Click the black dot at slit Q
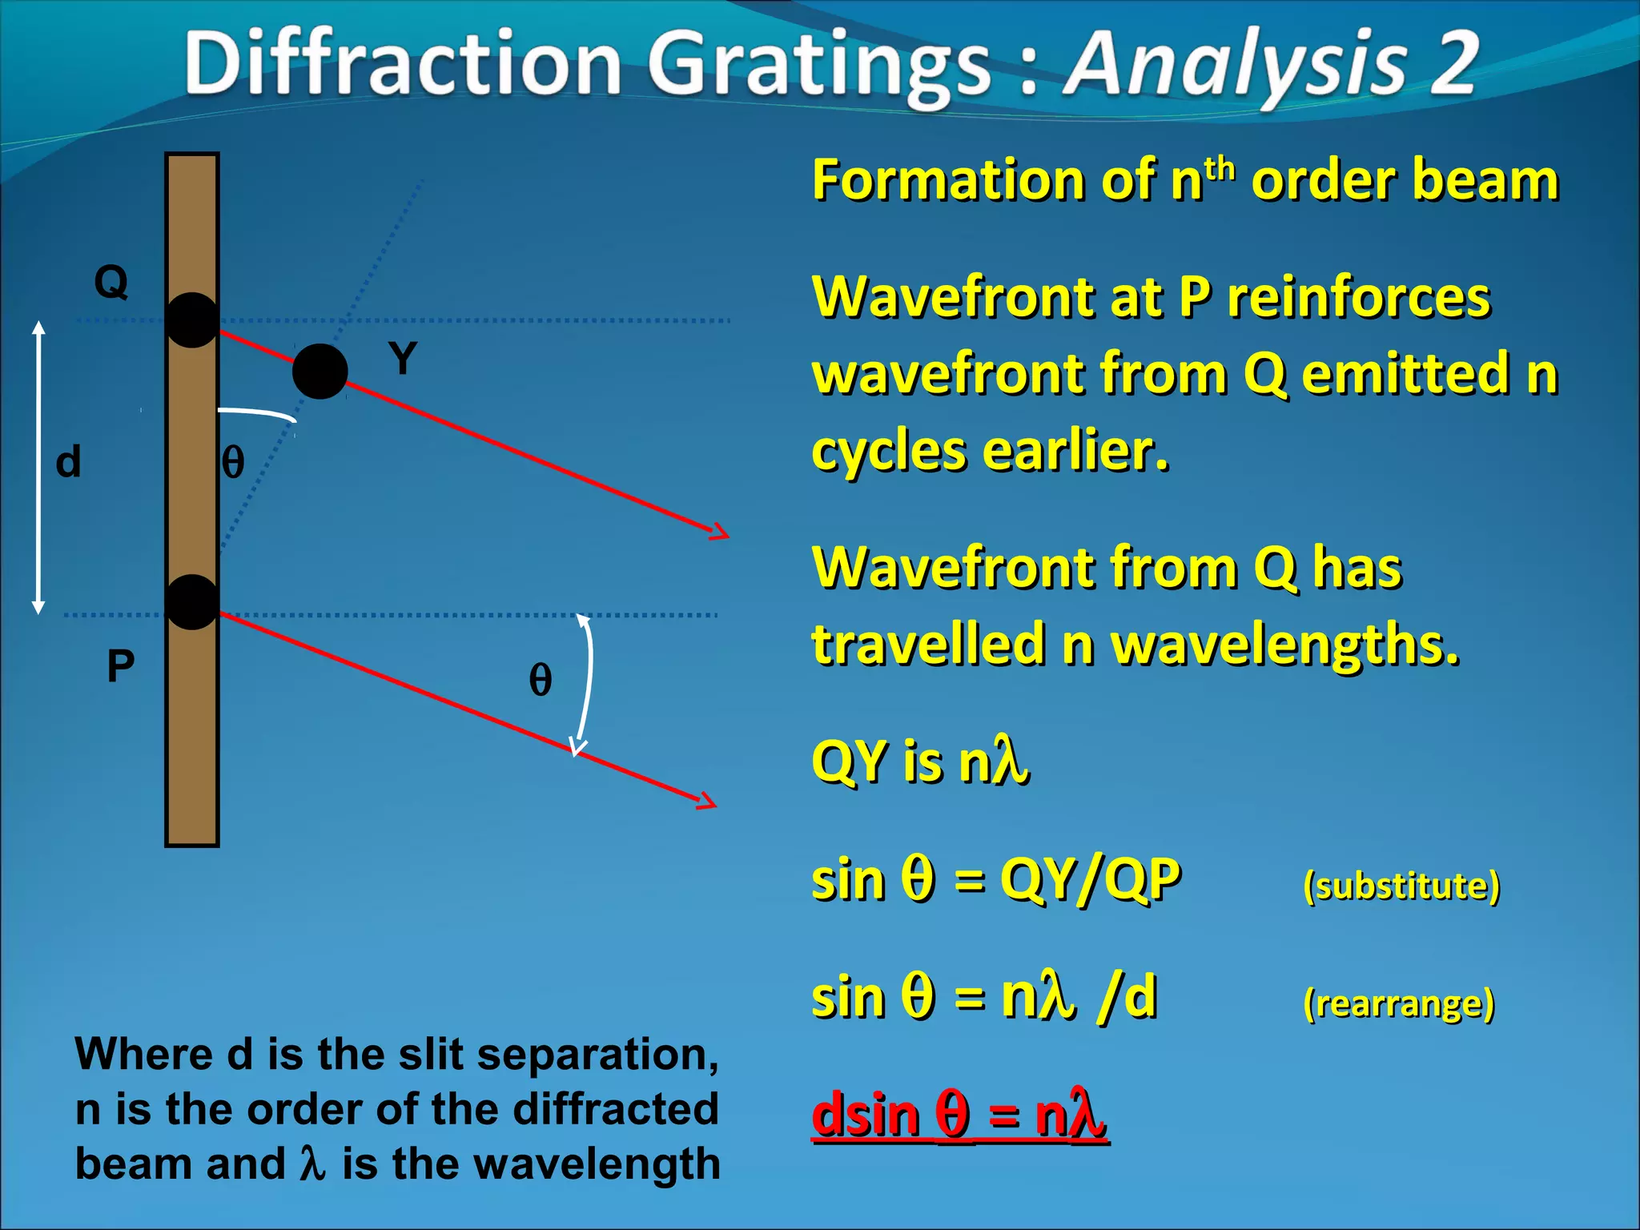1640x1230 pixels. [191, 320]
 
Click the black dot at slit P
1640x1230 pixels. [191, 602]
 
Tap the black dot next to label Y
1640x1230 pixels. [320, 372]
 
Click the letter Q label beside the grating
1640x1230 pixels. [111, 282]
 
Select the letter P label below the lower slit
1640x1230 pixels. [121, 666]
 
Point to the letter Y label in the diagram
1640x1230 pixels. [403, 358]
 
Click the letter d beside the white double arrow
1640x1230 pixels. [69, 462]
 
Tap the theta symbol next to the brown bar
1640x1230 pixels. [232, 463]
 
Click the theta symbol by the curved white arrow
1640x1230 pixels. [541, 680]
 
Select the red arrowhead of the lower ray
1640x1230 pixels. [707, 801]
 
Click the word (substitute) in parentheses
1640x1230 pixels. [1401, 886]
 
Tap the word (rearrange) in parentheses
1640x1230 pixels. [1399, 1003]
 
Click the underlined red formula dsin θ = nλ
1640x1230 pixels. [959, 1115]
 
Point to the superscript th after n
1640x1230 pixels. [1220, 168]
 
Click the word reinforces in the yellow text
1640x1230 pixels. [1359, 298]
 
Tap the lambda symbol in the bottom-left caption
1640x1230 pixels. [312, 1164]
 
